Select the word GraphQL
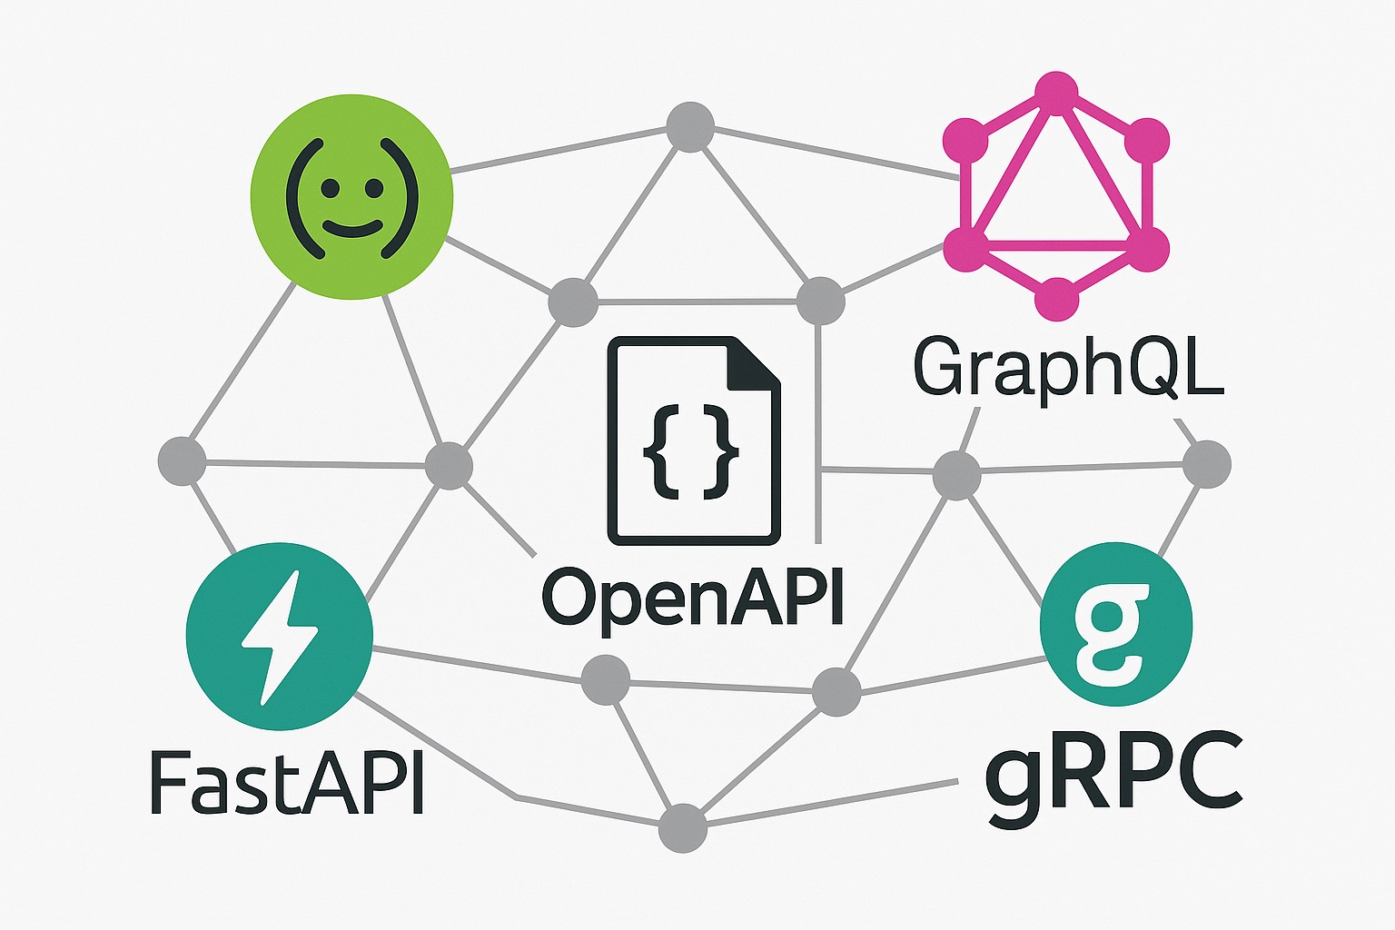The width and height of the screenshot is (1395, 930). (1068, 367)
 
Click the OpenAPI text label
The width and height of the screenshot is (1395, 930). (692, 597)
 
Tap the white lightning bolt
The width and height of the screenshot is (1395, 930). (280, 636)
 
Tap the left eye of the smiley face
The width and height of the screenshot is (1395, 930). (330, 188)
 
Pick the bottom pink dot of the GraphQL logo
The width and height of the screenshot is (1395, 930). (1056, 298)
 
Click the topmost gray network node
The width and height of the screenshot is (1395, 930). (690, 127)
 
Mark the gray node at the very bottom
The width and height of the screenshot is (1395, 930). (682, 827)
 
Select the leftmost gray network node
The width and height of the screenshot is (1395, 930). (182, 461)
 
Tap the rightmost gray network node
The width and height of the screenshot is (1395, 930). (1207, 463)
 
